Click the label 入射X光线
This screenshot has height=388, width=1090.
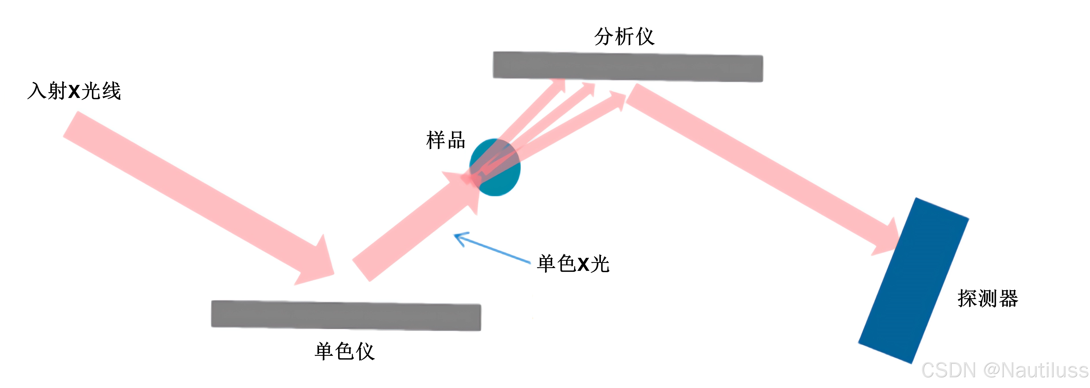74,91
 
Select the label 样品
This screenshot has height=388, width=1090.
446,140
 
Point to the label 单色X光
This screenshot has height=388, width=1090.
573,264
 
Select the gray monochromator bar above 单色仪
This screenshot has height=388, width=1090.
346,315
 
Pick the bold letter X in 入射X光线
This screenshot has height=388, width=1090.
74,91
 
